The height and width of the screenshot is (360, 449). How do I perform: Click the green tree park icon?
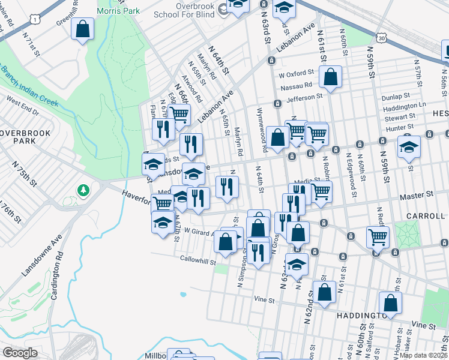(83, 191)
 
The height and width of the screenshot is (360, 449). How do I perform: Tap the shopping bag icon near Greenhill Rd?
(82, 29)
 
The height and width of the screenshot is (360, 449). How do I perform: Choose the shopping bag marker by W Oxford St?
(330, 77)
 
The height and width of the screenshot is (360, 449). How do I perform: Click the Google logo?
(20, 353)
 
